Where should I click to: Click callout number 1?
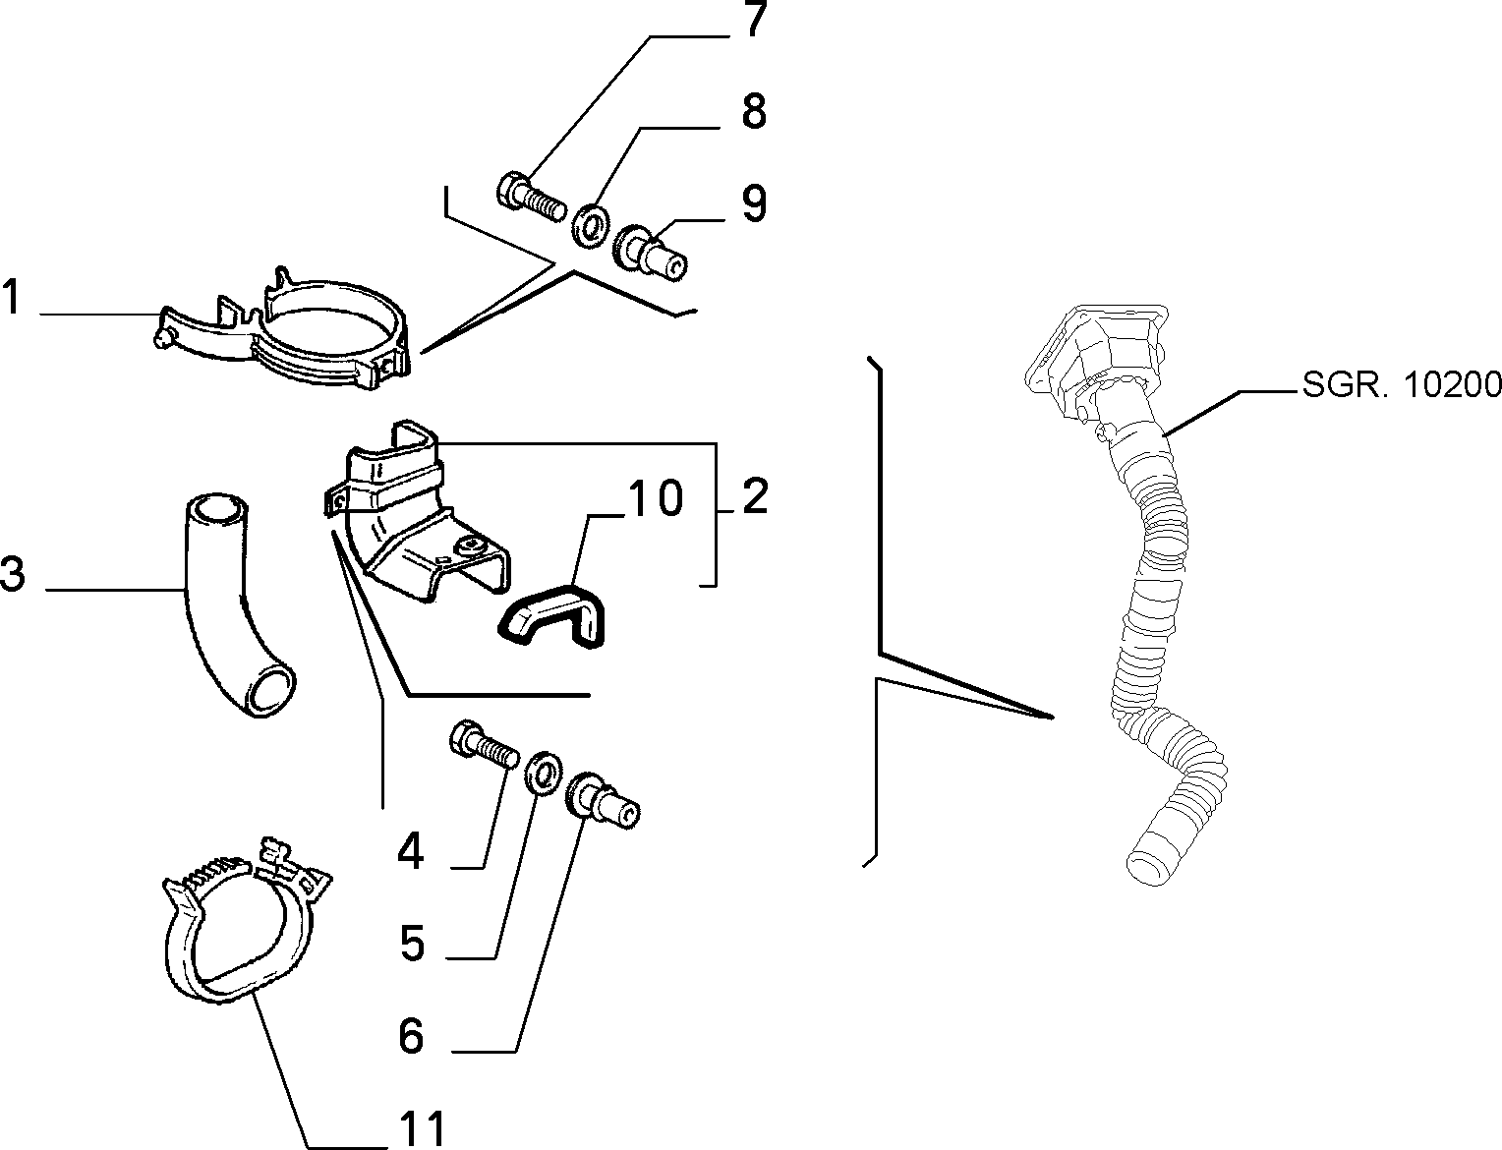click(11, 297)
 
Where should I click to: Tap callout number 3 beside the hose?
click(13, 573)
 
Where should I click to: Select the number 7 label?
click(754, 19)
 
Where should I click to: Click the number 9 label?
click(754, 203)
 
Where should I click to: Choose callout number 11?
click(423, 1128)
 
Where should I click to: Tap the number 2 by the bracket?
click(755, 495)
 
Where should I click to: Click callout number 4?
click(410, 852)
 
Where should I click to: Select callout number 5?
click(412, 944)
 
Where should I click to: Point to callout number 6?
click(411, 1037)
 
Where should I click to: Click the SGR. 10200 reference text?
click(1402, 385)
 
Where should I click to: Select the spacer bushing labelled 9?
click(650, 252)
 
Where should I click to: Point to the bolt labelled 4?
click(484, 746)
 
